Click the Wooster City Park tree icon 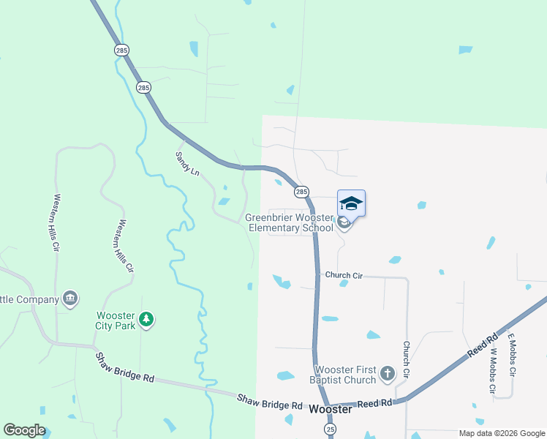pos(147,319)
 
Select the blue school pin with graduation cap pos(351,204)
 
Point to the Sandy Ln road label pos(187,163)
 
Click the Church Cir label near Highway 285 pos(344,275)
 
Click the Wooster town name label pos(331,410)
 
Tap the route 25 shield pos(331,429)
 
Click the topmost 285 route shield pos(121,50)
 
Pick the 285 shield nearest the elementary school pos(301,192)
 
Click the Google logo pos(24,430)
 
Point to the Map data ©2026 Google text pos(501,432)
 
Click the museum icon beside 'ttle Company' pos(71,299)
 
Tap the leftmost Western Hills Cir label pos(56,222)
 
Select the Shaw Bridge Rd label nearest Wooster pos(270,402)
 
